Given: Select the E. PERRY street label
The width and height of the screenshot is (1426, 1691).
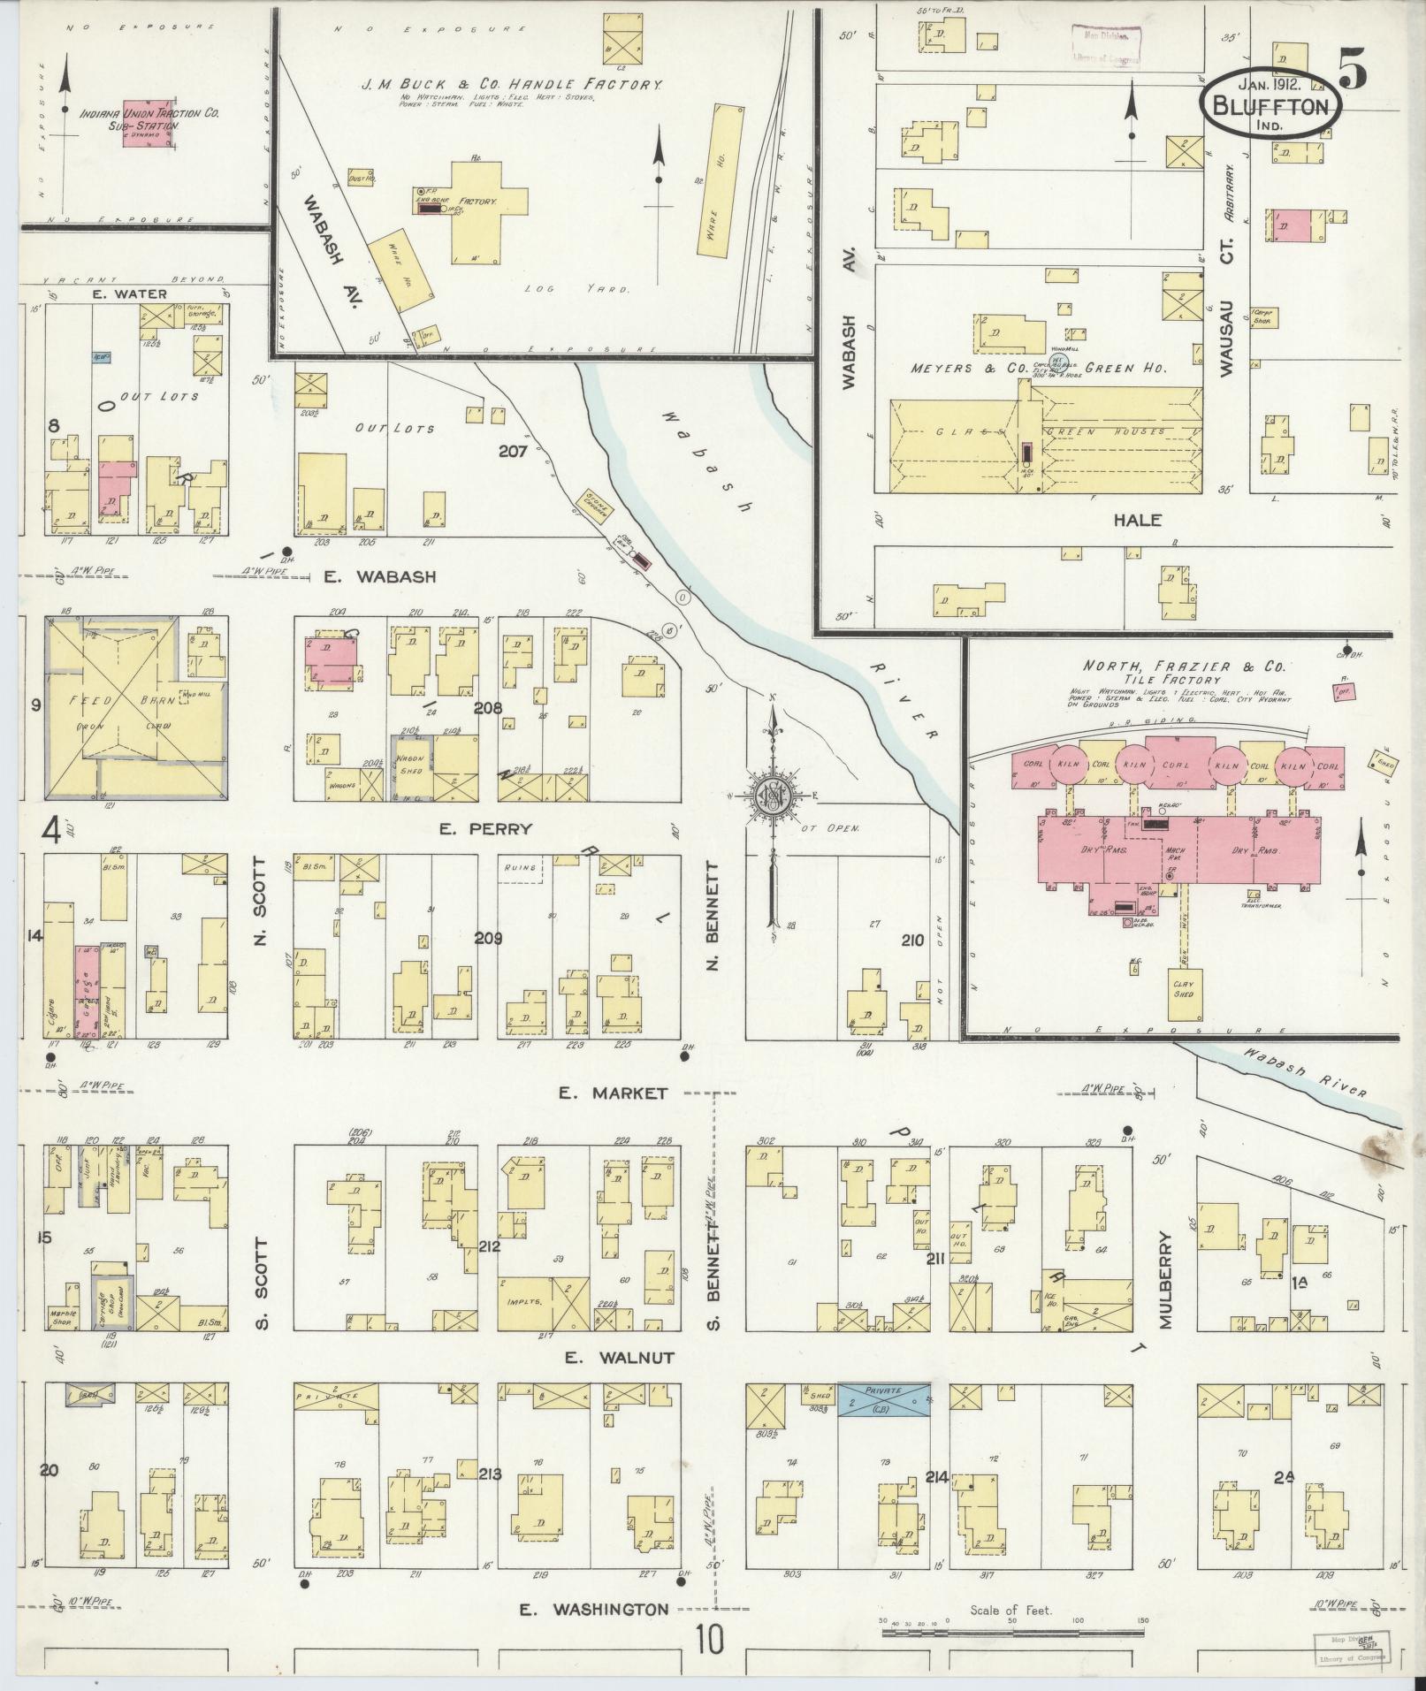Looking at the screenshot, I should coord(499,828).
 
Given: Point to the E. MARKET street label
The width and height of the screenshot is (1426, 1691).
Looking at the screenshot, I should coord(613,1093).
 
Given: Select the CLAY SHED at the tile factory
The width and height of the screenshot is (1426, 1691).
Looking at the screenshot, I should coord(1183,988).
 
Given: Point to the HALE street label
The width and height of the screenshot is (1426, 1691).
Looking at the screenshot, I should coord(1137,521).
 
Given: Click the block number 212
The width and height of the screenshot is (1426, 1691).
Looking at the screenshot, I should coord(488,1246).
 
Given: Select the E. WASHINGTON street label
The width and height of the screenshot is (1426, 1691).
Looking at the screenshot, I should coord(593,1609).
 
